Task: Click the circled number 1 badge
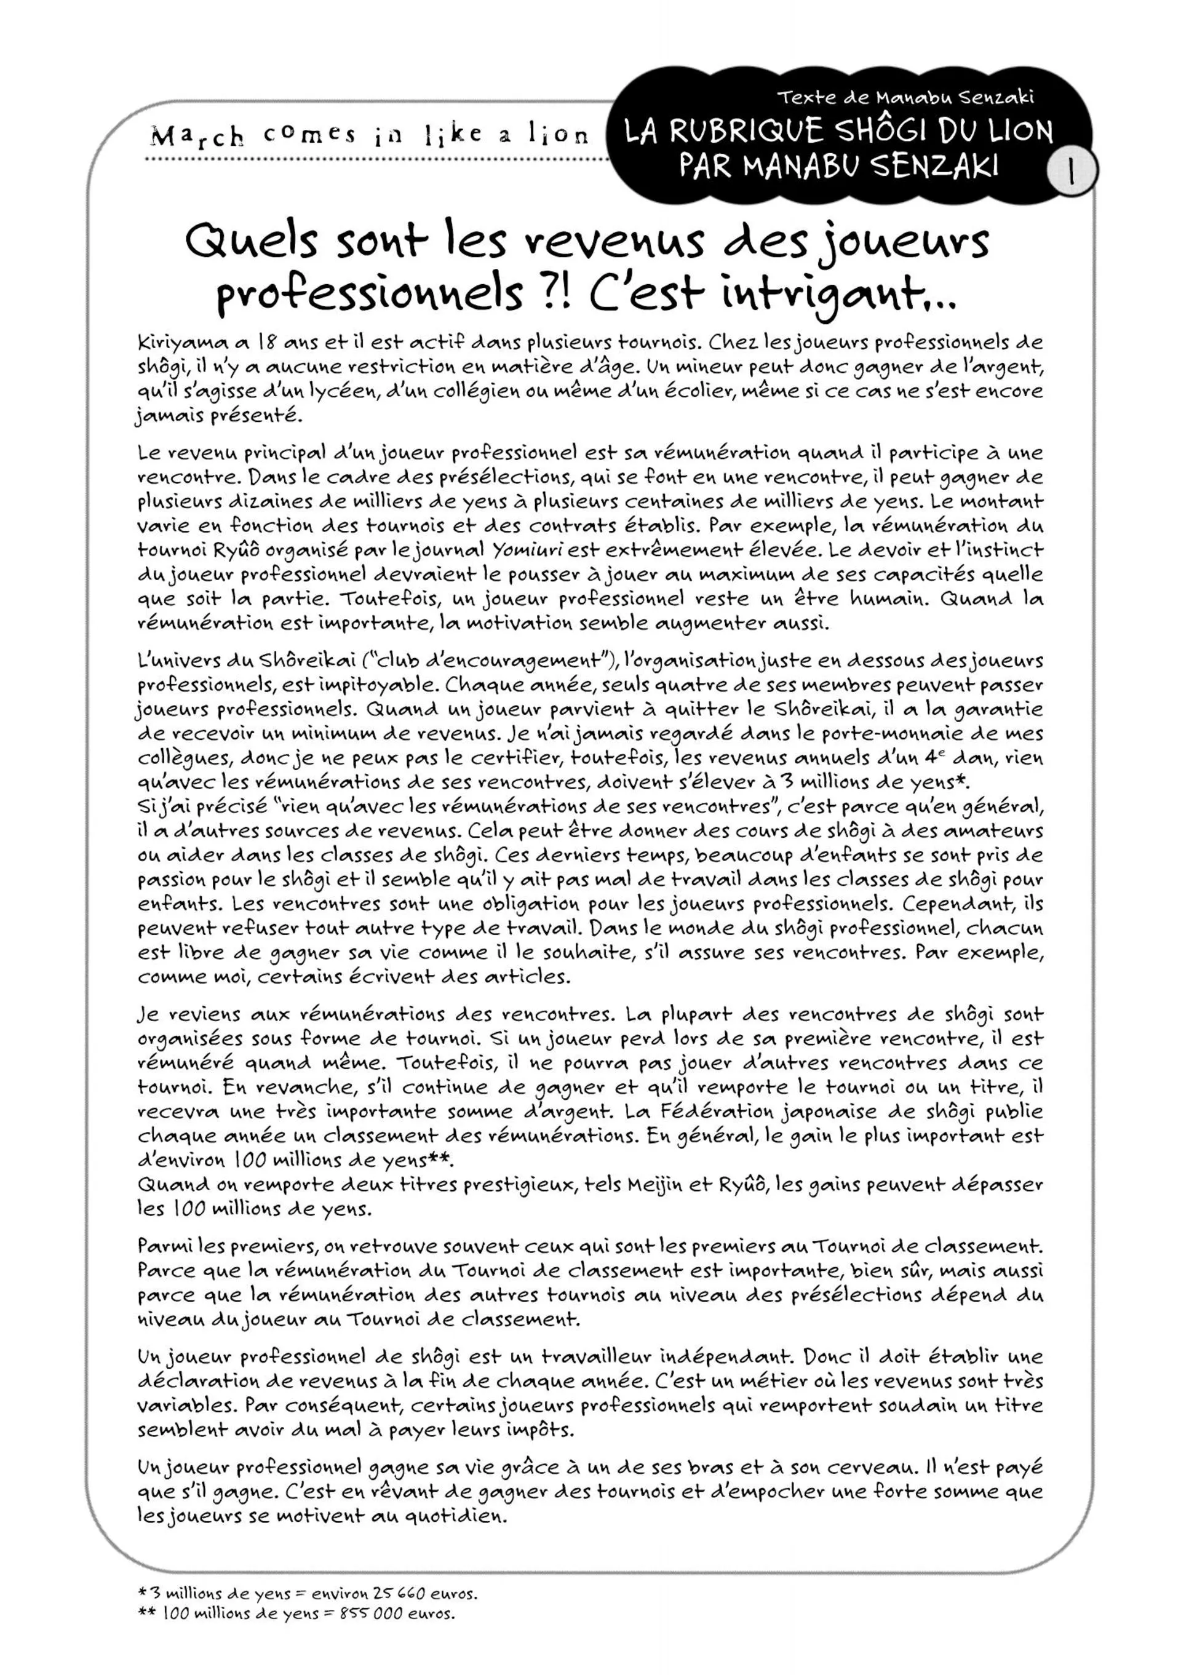[x=1071, y=172]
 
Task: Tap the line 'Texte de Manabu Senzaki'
[x=905, y=97]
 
